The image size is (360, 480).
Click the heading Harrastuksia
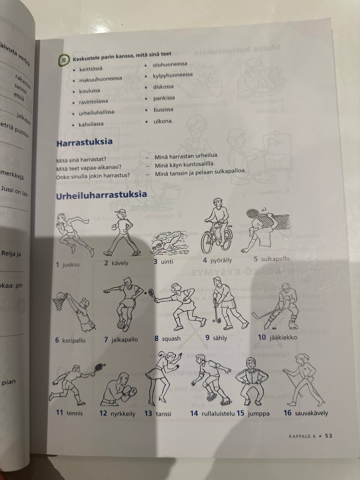(84, 143)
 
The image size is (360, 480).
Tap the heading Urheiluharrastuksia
(101, 195)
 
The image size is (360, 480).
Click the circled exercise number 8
(64, 60)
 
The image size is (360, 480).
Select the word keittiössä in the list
(90, 69)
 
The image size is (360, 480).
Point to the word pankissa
(164, 99)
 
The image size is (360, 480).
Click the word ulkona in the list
(163, 121)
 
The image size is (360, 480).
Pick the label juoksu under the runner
(71, 264)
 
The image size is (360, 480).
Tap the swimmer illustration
(169, 242)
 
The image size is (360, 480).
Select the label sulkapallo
(275, 259)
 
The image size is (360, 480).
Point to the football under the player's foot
(122, 324)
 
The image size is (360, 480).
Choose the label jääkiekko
(282, 337)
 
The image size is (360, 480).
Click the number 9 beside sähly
(207, 337)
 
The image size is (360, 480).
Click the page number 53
(328, 435)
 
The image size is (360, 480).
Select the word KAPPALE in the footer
(300, 436)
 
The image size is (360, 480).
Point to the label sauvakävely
(311, 413)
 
